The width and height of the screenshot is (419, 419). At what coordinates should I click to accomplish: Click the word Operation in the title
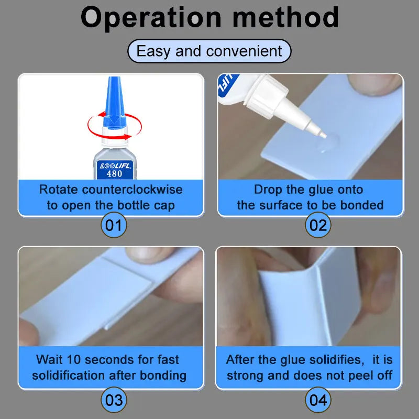151,18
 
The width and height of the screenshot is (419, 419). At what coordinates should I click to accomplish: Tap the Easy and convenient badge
209,51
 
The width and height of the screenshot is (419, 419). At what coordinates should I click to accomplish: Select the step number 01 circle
114,225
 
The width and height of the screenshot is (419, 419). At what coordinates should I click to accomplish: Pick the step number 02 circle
318,225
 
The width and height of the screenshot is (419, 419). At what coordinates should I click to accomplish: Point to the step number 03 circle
114,400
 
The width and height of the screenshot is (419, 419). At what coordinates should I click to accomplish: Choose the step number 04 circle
318,400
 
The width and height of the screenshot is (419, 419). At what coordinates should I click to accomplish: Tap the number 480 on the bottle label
114,174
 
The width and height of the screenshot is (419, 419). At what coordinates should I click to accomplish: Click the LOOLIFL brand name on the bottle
115,166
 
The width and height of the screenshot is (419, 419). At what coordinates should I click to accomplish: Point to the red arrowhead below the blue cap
127,137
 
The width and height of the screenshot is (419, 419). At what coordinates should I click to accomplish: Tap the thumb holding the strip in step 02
374,85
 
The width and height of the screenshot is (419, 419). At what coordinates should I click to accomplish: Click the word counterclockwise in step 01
133,190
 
